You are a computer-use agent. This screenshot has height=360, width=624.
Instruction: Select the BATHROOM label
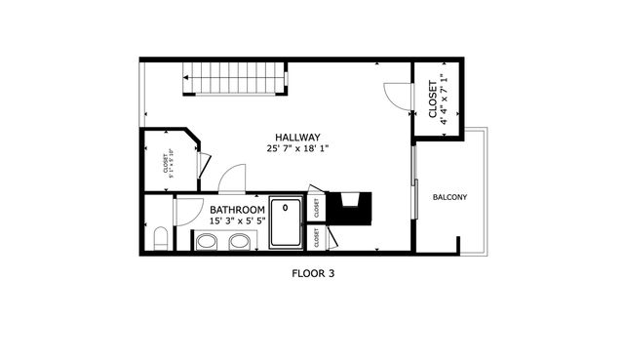(238, 210)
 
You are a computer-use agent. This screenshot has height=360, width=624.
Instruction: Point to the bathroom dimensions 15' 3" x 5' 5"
(238, 221)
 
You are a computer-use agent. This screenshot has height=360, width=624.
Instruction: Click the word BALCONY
(449, 198)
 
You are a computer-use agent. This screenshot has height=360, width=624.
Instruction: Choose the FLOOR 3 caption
(313, 274)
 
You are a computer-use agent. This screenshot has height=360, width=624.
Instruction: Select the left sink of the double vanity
(207, 241)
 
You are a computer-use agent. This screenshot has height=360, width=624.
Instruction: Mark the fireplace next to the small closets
(348, 208)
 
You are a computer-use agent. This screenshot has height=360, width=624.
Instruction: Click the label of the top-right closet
(433, 100)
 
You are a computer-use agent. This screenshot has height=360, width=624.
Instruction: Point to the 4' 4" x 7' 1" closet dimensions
(443, 98)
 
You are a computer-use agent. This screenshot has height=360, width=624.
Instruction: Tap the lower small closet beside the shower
(316, 237)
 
